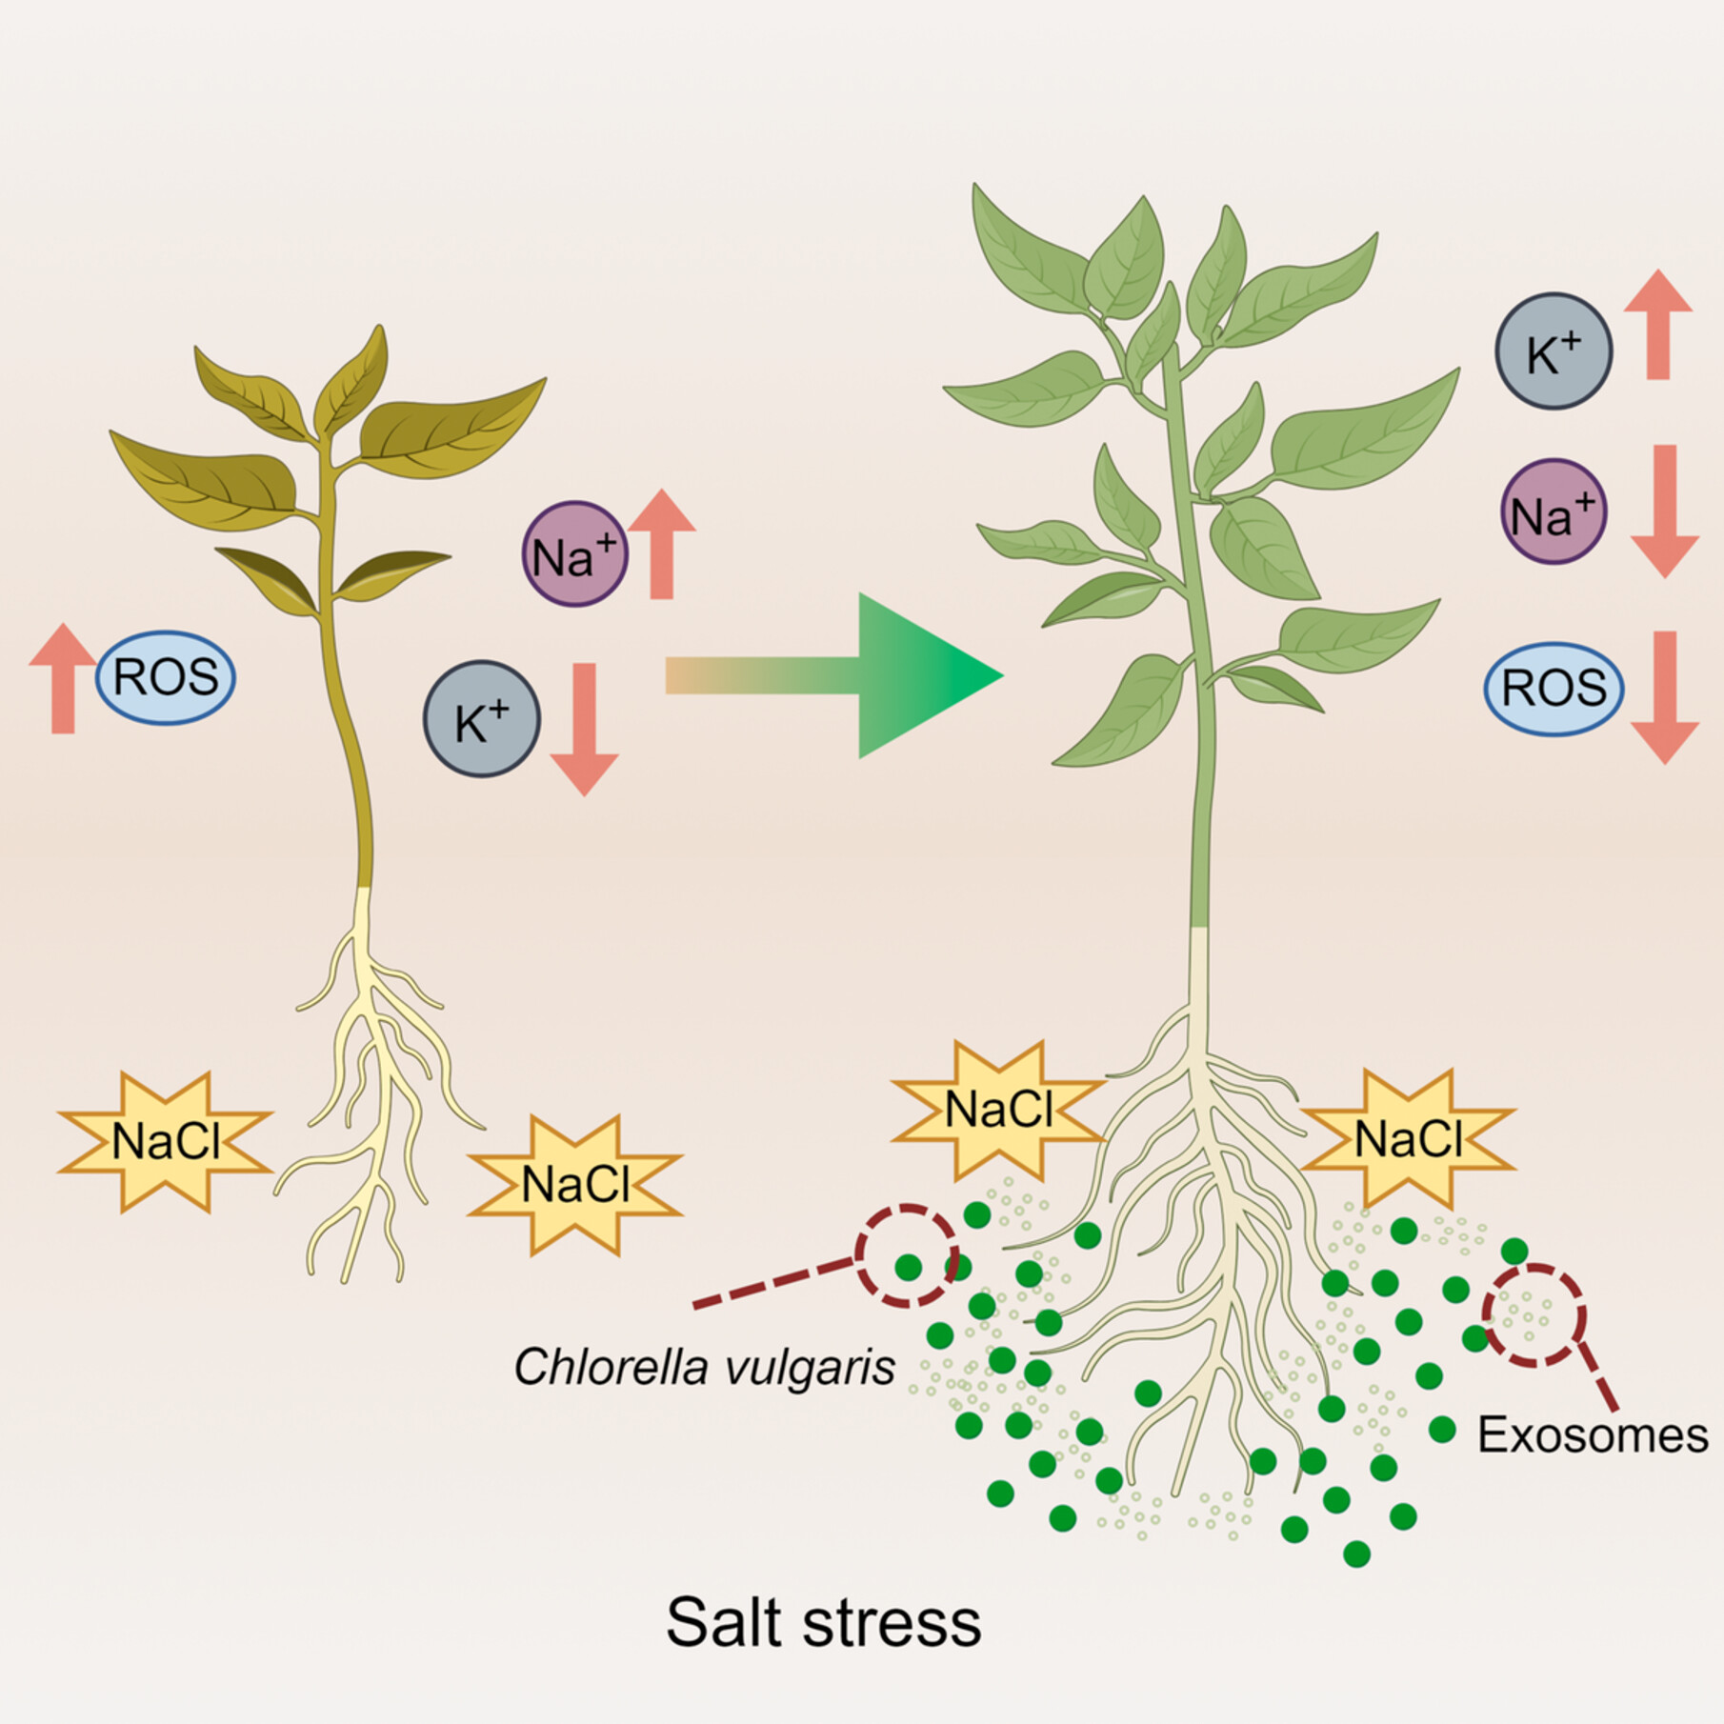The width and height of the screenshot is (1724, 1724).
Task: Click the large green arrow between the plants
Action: click(x=857, y=675)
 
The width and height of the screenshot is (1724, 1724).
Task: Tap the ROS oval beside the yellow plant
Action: click(x=166, y=677)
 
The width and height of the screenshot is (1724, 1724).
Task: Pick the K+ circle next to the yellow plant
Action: click(x=482, y=721)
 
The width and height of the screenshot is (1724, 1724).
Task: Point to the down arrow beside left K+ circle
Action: click(x=584, y=729)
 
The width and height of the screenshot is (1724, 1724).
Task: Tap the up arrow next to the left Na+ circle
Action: click(x=662, y=544)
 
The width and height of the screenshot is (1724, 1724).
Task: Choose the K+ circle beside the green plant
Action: click(x=1554, y=351)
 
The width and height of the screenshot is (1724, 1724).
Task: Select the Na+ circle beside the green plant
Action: click(x=1554, y=513)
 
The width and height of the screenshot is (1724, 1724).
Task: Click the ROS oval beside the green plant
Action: click(x=1554, y=688)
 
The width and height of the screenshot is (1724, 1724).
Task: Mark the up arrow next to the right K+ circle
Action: click(x=1658, y=324)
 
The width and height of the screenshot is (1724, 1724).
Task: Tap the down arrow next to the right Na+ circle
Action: click(x=1665, y=511)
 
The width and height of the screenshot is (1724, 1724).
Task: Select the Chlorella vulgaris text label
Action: click(x=705, y=1368)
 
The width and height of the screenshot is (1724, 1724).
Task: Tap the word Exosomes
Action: click(x=1592, y=1435)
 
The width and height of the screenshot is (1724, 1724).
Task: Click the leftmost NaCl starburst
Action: click(x=166, y=1141)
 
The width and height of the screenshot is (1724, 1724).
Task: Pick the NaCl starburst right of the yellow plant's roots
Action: click(x=575, y=1185)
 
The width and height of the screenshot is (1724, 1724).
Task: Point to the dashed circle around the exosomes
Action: click(x=1534, y=1315)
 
